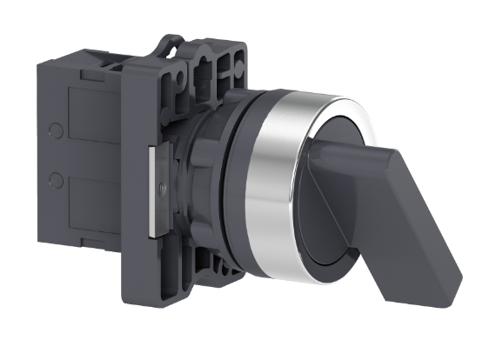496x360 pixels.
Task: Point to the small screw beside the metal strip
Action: coord(165,183)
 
